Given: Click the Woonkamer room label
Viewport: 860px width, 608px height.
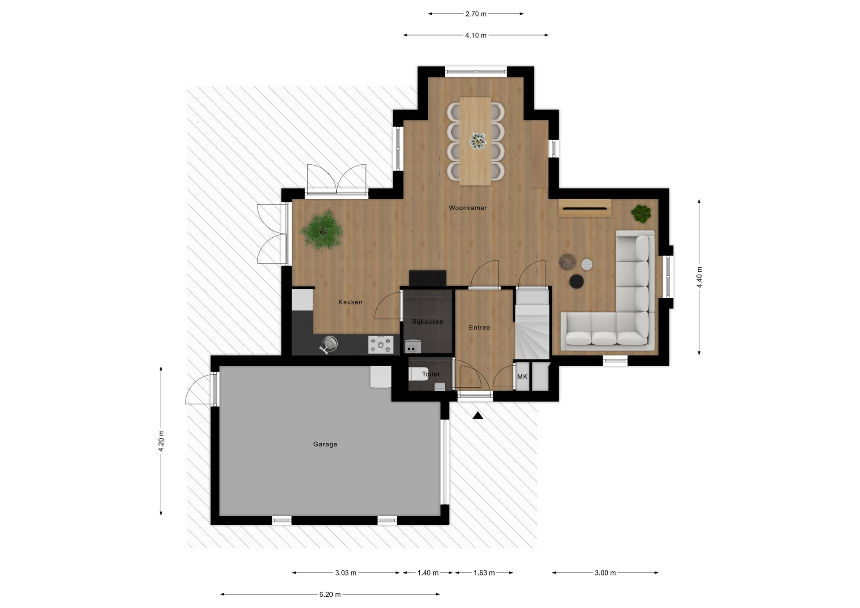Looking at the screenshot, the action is (x=468, y=208).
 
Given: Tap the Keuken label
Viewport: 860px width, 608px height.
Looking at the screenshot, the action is (x=350, y=302).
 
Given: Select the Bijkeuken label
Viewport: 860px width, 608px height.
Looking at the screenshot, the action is (x=428, y=321).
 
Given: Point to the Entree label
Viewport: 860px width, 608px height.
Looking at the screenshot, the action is (x=479, y=327).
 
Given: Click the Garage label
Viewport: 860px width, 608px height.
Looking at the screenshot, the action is (x=325, y=444).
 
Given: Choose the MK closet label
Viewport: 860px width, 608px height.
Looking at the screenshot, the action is (x=522, y=377).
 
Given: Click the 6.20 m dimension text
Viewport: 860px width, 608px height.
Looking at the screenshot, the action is (x=330, y=595).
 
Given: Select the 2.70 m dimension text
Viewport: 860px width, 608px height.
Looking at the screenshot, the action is (x=476, y=14).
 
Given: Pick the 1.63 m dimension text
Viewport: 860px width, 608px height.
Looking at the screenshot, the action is (x=484, y=573).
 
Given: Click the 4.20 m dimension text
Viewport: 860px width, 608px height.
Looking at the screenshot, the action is (x=161, y=441).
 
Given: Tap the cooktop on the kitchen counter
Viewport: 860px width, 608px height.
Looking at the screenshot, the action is (x=381, y=345).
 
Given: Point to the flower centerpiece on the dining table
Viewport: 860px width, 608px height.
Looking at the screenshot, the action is (x=477, y=141).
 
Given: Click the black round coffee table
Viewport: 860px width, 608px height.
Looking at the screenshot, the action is (x=576, y=281).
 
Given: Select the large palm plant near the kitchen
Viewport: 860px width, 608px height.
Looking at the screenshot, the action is (x=322, y=229).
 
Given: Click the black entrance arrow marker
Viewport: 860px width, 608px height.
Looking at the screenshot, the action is (x=478, y=415).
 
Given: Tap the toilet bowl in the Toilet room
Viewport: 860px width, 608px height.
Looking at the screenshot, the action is (x=418, y=374).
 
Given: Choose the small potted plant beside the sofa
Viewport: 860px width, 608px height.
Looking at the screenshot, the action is (x=641, y=214).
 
